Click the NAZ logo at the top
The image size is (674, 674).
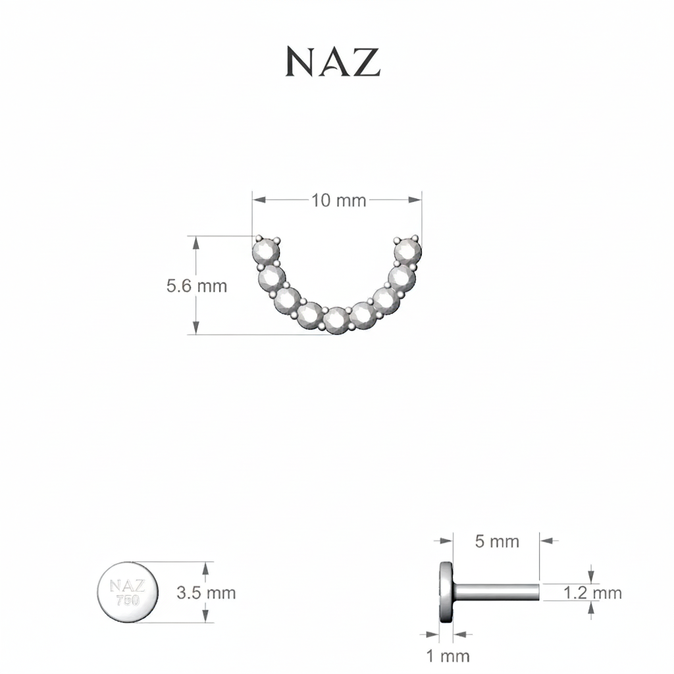coord(333,62)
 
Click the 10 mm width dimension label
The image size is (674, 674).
coord(339,201)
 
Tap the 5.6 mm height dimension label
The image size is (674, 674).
coord(197,286)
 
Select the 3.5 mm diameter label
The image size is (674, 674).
coord(206,593)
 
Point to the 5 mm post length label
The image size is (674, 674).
coord(498,542)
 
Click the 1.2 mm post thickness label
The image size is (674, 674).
coord(593,593)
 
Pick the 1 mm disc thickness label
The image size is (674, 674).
coord(448,656)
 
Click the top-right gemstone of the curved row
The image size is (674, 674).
coord(408,251)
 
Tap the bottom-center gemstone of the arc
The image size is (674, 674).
coord(337,321)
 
